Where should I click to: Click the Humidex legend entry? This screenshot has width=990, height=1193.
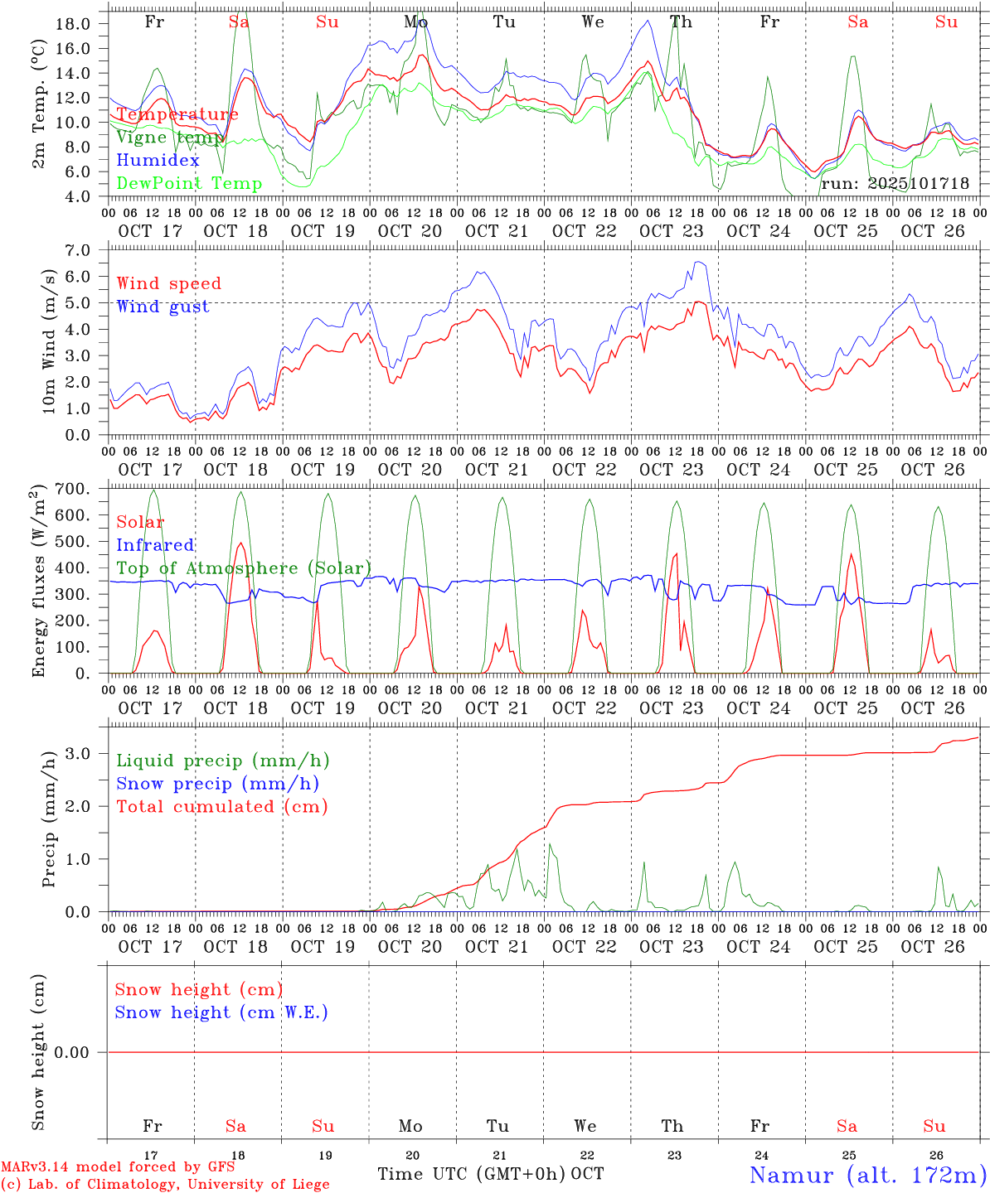coord(158,161)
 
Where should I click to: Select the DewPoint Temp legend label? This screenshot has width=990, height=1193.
coord(189,184)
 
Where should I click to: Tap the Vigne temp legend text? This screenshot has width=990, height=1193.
coord(169,138)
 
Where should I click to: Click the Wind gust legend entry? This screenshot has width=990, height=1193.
coord(163,307)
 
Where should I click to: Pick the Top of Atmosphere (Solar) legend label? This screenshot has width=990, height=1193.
coord(244,568)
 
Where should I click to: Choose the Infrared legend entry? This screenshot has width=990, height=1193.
coord(155,545)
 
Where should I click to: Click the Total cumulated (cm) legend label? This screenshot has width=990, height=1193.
coord(221,807)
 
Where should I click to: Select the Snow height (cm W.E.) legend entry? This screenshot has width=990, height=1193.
coord(221,1012)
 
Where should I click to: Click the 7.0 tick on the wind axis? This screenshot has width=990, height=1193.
coord(76,250)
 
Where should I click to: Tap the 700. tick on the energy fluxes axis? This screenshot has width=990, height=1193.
coord(71,489)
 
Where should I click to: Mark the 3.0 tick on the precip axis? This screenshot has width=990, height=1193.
coord(76,753)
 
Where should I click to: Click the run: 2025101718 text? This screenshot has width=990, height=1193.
coord(895,184)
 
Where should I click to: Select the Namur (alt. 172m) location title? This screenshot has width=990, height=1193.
coord(867,1175)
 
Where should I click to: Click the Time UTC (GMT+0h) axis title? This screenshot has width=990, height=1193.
coord(471,1174)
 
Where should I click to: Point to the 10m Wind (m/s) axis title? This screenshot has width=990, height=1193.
coord(50,341)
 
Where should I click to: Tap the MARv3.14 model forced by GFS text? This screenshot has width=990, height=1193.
coord(118,1167)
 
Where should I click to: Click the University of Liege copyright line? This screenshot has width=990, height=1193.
coord(165,1185)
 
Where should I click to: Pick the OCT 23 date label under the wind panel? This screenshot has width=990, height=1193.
coord(672,470)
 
